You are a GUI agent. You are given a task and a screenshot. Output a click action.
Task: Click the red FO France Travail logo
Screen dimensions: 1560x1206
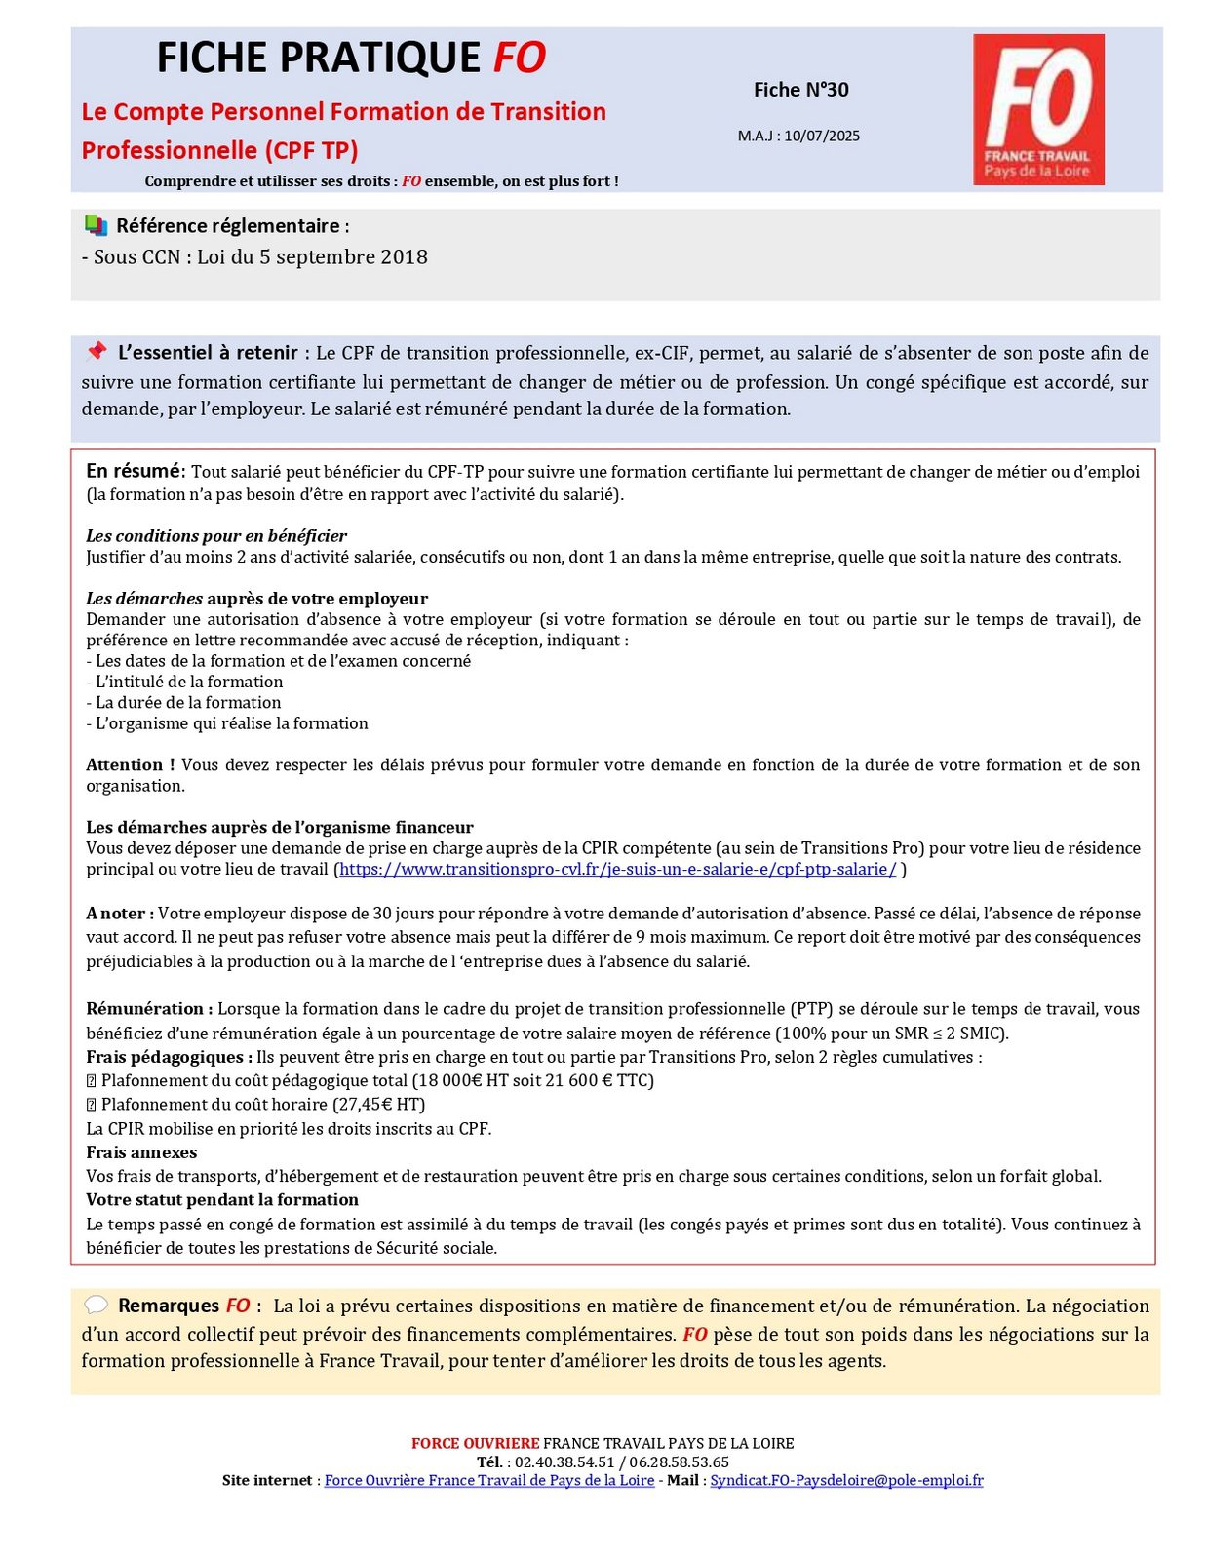(x=1038, y=109)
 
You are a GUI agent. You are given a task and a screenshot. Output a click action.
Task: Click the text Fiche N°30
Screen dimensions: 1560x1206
(x=800, y=90)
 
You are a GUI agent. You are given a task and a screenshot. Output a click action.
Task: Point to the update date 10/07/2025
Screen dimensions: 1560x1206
(x=822, y=136)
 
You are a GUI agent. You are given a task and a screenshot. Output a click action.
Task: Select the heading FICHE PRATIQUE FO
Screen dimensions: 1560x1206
(x=351, y=58)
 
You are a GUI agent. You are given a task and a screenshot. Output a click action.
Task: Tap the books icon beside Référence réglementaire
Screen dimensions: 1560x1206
(x=96, y=225)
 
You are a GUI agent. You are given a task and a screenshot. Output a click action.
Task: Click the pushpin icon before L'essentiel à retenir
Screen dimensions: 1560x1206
(x=96, y=351)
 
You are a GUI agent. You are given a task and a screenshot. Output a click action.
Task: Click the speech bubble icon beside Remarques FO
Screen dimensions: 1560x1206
(x=96, y=1305)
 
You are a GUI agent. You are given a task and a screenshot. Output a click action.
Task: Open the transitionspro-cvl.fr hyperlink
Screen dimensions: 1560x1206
(x=617, y=869)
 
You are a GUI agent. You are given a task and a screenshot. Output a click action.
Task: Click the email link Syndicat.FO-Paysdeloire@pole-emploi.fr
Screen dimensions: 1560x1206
(x=846, y=1480)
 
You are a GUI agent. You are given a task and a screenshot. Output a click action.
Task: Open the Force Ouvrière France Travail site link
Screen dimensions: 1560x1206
(x=488, y=1480)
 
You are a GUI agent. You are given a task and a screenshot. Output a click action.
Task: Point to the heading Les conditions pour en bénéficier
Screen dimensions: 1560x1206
(x=216, y=535)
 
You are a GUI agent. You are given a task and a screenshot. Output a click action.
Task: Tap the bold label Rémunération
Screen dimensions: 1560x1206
(x=145, y=1008)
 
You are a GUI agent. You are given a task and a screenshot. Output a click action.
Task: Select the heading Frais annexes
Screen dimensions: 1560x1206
(x=141, y=1151)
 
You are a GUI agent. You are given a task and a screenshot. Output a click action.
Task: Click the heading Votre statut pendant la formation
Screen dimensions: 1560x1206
(x=222, y=1199)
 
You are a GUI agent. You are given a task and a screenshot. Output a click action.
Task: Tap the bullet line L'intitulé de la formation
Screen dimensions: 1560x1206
(x=185, y=682)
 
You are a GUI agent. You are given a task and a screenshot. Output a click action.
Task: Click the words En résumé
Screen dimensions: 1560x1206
(x=134, y=471)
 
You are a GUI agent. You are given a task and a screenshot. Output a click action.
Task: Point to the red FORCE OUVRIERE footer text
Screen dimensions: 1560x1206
(x=475, y=1443)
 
